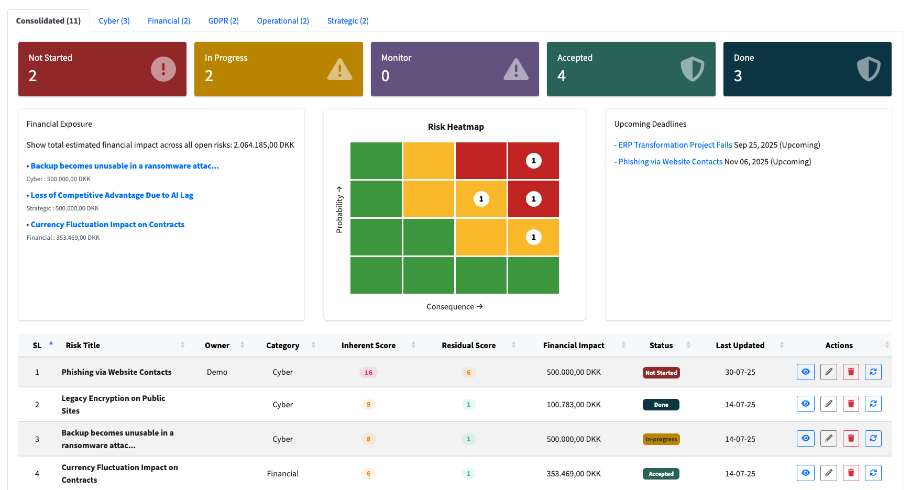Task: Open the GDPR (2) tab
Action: [223, 21]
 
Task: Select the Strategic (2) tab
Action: [348, 21]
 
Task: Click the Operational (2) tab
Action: [283, 21]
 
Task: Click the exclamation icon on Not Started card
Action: [163, 69]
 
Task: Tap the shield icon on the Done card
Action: [868, 69]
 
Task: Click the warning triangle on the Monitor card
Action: [515, 69]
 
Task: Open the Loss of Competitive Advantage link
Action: [112, 195]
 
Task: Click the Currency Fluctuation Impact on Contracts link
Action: [107, 225]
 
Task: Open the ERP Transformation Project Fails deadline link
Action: [675, 145]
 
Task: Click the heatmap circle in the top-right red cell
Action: [533, 161]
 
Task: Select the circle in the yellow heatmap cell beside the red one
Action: [481, 199]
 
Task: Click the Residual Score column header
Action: [468, 346]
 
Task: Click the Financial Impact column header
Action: [574, 346]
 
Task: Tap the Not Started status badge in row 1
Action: [661, 373]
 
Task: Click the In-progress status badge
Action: [661, 439]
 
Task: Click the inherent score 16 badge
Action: [368, 373]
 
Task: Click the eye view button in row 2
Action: [805, 404]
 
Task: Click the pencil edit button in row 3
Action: [828, 438]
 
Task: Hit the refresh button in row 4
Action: [873, 473]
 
